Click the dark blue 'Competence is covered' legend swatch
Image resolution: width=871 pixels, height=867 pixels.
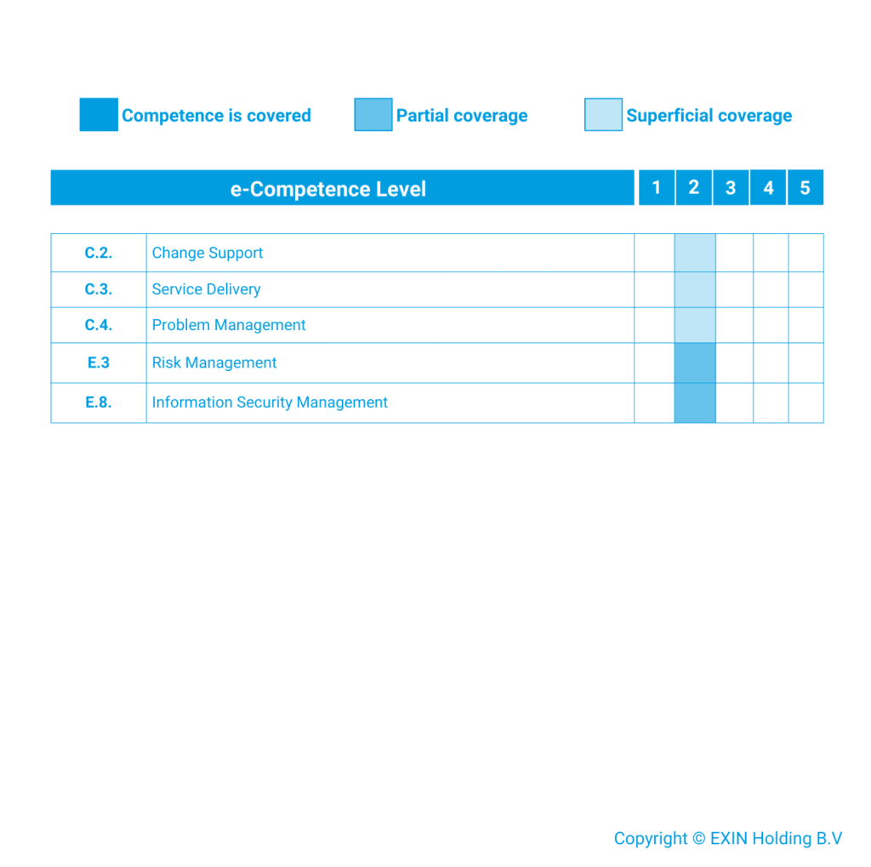(x=99, y=115)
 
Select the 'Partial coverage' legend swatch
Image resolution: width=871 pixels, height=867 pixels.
(x=373, y=115)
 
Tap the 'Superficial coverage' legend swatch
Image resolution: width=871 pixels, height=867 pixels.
(x=603, y=115)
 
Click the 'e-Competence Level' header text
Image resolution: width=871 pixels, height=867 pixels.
(x=327, y=189)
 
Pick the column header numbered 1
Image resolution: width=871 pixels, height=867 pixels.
(x=656, y=188)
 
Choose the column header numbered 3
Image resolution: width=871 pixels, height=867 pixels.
(x=730, y=188)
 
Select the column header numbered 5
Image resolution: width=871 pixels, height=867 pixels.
(x=805, y=188)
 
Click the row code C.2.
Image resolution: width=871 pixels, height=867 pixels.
(x=99, y=253)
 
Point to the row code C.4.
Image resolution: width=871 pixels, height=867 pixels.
(x=99, y=325)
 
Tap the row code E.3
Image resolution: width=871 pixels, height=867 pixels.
(x=99, y=362)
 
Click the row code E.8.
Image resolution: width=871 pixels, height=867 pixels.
(x=99, y=402)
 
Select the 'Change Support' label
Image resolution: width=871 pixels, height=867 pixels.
(x=208, y=253)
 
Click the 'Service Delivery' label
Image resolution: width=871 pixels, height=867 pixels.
(x=206, y=289)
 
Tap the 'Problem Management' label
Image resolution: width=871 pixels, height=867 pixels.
(x=229, y=325)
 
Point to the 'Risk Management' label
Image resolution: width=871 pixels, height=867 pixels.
(x=214, y=362)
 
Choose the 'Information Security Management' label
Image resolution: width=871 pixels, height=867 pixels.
(x=270, y=402)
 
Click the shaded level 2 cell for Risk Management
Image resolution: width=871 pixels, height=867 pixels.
(x=695, y=362)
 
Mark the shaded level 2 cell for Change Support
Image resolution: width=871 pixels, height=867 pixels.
(x=695, y=253)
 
